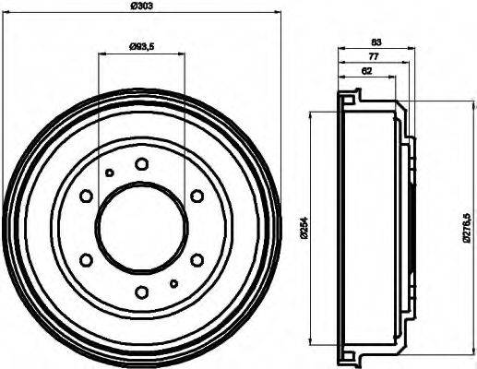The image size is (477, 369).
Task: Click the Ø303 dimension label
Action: pyautogui.click(x=142, y=7)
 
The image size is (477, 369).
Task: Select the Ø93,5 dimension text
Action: pyautogui.click(x=141, y=47)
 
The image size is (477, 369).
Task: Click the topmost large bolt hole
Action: pyautogui.click(x=141, y=164)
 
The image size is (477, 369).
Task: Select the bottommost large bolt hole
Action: pyautogui.click(x=141, y=292)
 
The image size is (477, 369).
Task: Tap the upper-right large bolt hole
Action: pyautogui.click(x=197, y=196)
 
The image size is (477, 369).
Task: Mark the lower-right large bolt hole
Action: pyautogui.click(x=197, y=260)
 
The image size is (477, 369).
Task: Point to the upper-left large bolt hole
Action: pyautogui.click(x=86, y=196)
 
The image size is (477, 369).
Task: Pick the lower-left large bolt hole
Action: pyautogui.click(x=86, y=260)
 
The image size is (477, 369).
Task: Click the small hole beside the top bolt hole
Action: pyautogui.click(x=109, y=173)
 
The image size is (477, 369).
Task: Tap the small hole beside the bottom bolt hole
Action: pyautogui.click(x=173, y=283)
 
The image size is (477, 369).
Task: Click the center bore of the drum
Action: pyautogui.click(x=141, y=228)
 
